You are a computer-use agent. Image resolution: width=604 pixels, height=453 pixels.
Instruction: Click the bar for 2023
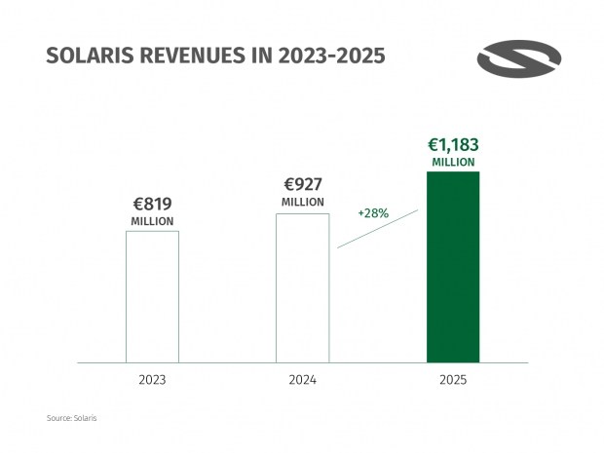point(152,296)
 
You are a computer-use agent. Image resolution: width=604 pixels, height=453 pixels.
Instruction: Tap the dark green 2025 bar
point(453,267)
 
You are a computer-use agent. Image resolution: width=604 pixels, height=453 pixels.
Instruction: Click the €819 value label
point(153,205)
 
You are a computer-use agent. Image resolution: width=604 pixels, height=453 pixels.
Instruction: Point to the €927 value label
point(303,184)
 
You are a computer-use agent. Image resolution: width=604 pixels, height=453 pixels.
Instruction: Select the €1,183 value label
point(453,145)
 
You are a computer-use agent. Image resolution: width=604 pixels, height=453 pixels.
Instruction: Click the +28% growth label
point(374,212)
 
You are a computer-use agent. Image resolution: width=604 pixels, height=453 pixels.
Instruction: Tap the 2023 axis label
point(152,379)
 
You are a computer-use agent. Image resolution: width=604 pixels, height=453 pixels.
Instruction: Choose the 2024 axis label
point(303,379)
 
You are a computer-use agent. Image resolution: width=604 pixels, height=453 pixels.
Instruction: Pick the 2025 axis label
point(453,379)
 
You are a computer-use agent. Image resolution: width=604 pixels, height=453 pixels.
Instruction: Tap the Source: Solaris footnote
point(72,418)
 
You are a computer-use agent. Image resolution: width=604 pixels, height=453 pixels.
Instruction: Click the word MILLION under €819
point(153,222)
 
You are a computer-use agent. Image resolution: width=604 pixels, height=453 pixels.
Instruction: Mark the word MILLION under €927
point(303,202)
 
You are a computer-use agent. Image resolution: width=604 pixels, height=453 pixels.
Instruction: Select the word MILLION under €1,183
point(453,163)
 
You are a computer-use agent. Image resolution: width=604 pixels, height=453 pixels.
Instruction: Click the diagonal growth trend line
point(378,229)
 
